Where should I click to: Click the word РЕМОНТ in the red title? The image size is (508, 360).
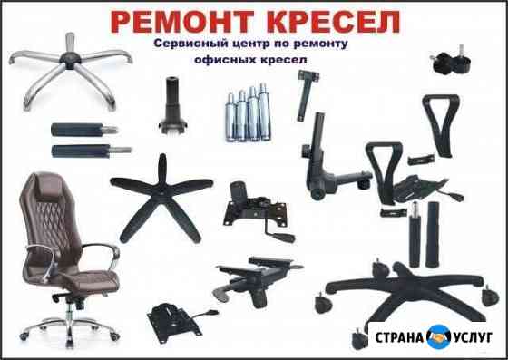[x=181, y=22]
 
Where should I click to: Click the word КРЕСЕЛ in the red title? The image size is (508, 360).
[x=334, y=22]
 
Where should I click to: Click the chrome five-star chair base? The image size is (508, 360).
[x=71, y=69]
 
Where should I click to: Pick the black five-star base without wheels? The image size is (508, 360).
[x=161, y=195]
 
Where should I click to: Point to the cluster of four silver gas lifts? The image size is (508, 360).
[x=249, y=113]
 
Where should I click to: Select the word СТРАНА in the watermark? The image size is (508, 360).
[x=399, y=337]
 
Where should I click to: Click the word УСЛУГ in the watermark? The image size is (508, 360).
[x=473, y=337]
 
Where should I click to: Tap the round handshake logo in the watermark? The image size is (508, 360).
[x=439, y=337]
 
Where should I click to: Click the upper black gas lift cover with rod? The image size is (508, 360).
[x=83, y=130]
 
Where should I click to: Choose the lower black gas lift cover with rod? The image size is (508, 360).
[x=91, y=151]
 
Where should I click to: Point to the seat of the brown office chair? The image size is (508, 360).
[x=89, y=280]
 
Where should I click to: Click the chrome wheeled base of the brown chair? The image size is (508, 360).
[x=69, y=327]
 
